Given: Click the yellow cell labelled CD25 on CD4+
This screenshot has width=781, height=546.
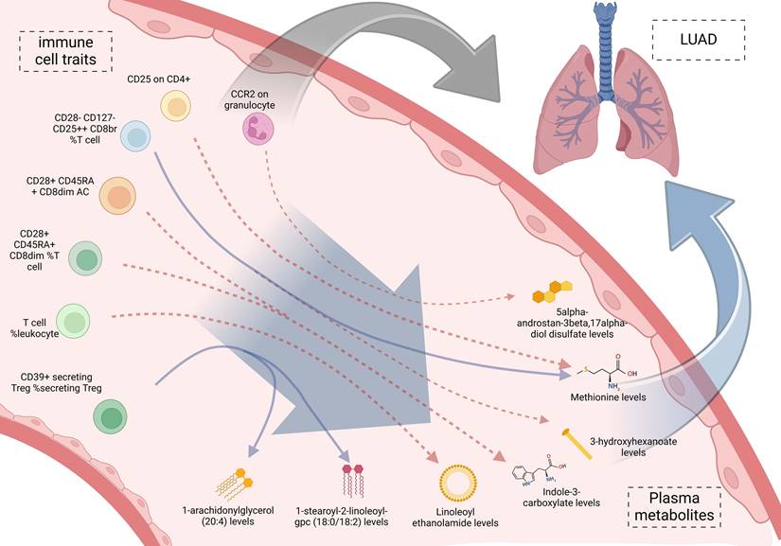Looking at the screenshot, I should point(176,105).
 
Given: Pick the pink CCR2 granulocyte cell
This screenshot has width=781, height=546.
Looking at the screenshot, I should point(257,129).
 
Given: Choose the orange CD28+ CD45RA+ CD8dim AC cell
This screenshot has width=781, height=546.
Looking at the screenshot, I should point(118,196).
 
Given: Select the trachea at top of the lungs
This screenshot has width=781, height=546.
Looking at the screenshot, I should point(604,43).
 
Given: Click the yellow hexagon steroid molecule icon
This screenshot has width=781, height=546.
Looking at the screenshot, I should point(551,291).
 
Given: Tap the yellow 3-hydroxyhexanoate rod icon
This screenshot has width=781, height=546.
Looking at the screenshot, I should point(578,444).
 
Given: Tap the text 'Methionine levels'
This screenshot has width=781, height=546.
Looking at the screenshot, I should point(608,397).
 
